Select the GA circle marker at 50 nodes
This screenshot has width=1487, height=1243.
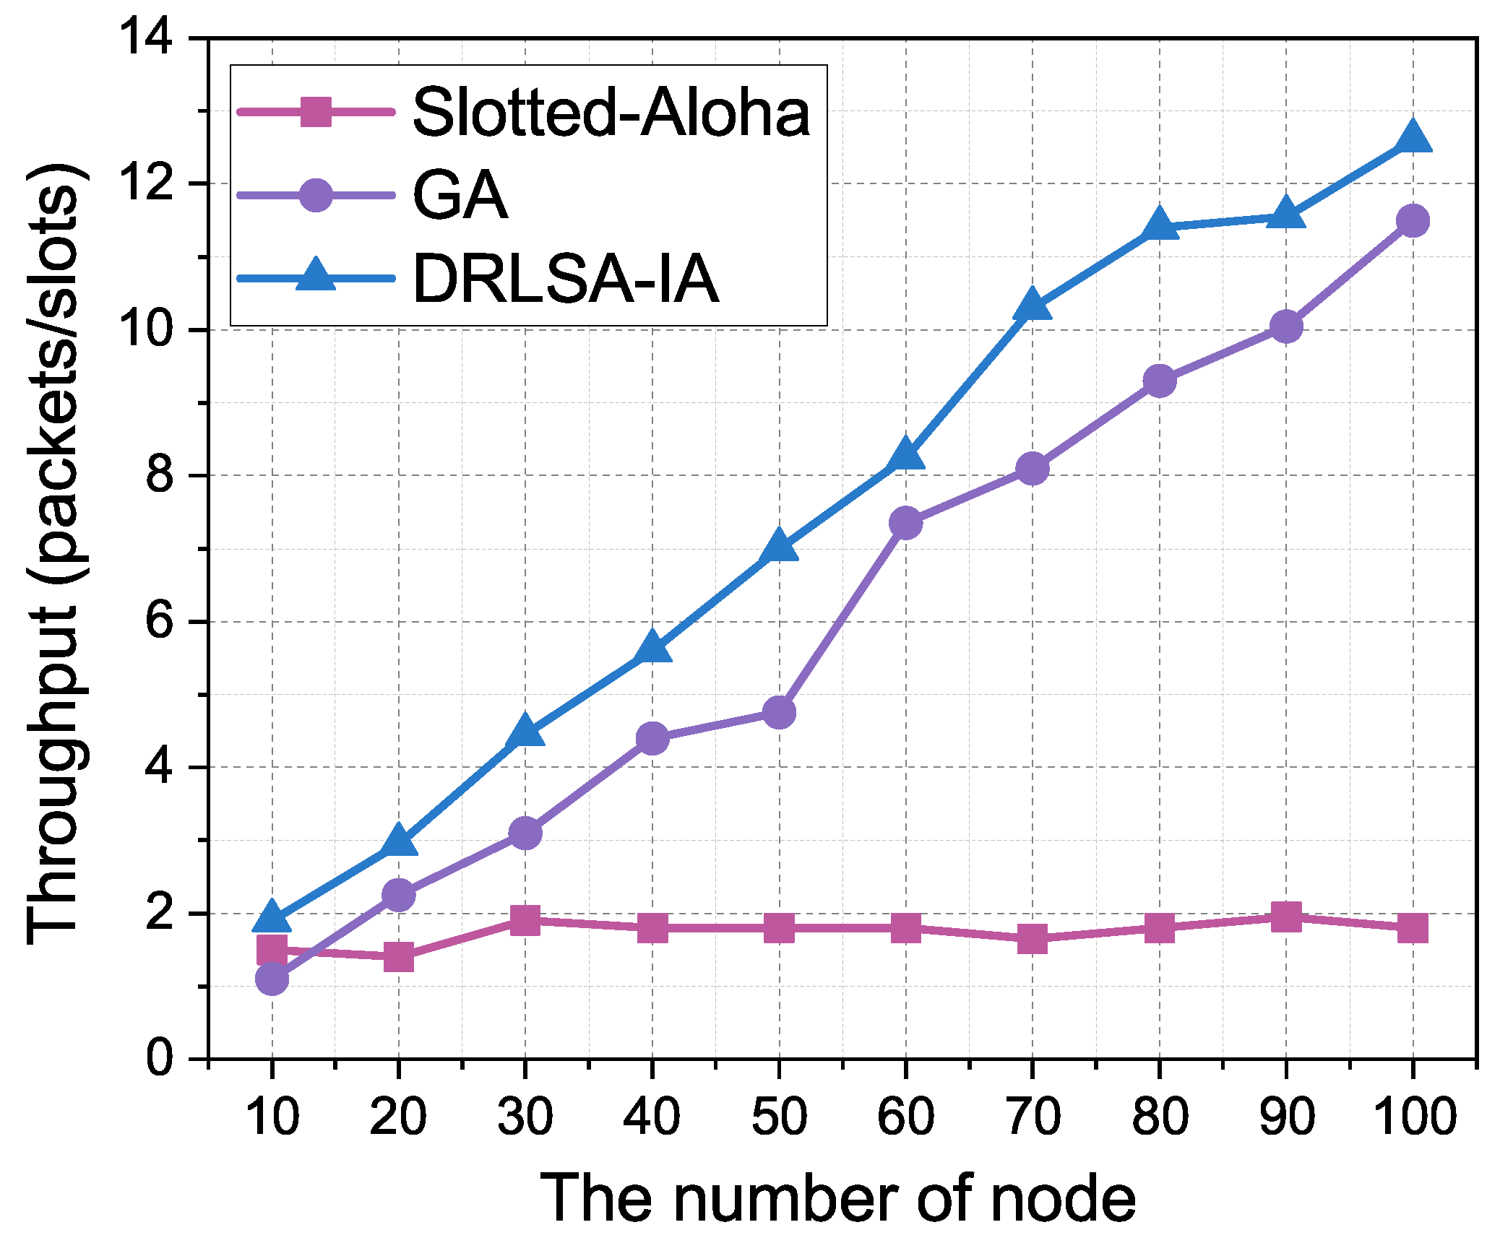(x=779, y=713)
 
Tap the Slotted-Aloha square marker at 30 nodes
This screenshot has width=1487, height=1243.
(x=525, y=919)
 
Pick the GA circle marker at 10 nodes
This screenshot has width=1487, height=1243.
(x=272, y=979)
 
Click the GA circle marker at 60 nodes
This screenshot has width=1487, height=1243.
(x=905, y=522)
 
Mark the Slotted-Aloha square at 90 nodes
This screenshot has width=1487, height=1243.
(x=1285, y=917)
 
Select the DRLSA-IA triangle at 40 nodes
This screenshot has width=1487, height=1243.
(x=652, y=648)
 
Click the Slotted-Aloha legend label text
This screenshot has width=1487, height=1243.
(x=611, y=113)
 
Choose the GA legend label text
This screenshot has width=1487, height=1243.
(x=460, y=196)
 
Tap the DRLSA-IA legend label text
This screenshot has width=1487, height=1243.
(x=566, y=280)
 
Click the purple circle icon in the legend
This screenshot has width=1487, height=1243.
(x=315, y=195)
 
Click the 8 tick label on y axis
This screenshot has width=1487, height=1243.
(x=159, y=475)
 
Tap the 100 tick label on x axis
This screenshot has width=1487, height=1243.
(x=1413, y=1116)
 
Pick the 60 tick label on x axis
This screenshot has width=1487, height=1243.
(x=905, y=1116)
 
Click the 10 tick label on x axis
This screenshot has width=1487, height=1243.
(x=272, y=1116)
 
